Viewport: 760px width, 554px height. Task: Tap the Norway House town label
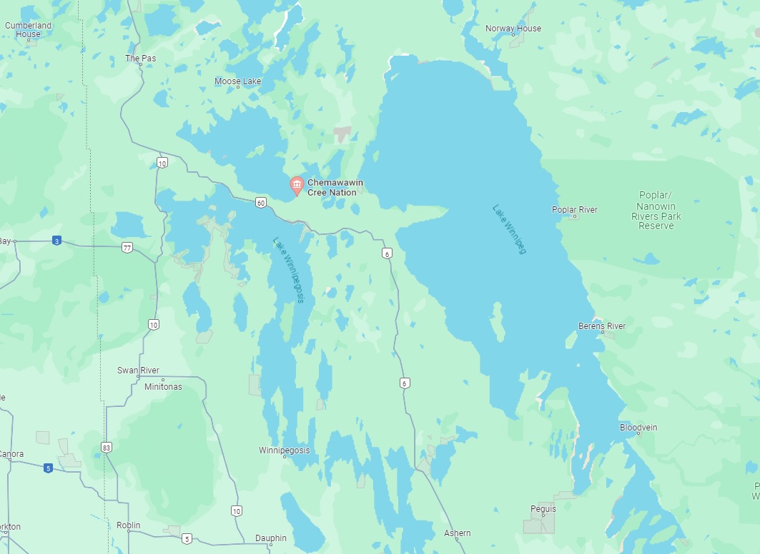click(x=513, y=29)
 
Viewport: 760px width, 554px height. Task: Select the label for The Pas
click(x=140, y=58)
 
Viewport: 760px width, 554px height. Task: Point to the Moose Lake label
click(x=237, y=81)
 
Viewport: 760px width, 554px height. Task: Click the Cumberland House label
click(x=28, y=29)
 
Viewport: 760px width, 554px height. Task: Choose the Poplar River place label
click(x=574, y=210)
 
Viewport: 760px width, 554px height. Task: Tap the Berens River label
click(x=601, y=326)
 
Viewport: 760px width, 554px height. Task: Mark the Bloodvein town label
click(x=638, y=428)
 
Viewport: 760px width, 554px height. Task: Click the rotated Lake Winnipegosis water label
click(x=289, y=271)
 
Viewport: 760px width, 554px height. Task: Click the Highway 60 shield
click(x=261, y=203)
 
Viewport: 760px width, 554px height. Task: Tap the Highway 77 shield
click(x=127, y=248)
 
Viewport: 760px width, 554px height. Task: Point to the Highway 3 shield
click(x=56, y=241)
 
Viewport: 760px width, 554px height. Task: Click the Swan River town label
click(x=138, y=371)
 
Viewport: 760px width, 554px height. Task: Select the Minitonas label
click(x=163, y=387)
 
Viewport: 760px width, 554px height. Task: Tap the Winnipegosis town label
click(x=284, y=450)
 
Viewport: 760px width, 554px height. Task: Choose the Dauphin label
click(x=270, y=538)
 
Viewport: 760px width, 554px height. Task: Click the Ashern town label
click(x=457, y=533)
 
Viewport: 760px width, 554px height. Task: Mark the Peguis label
click(x=543, y=509)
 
